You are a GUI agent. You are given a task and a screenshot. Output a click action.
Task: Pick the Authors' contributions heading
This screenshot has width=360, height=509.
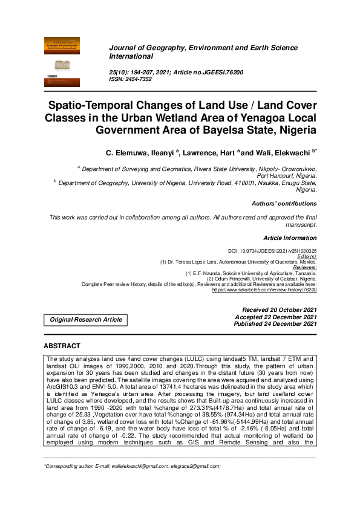coord(284,204)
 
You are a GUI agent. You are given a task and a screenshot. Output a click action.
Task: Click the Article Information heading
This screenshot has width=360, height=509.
coord(290,238)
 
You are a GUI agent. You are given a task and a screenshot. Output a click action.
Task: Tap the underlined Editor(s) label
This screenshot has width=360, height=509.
coord(306,256)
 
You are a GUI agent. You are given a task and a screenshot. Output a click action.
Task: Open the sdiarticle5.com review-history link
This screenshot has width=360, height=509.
coord(264,290)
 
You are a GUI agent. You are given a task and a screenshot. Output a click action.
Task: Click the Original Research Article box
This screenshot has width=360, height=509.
coord(85,319)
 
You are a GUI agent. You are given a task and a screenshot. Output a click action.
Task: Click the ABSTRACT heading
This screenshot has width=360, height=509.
coord(62,346)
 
